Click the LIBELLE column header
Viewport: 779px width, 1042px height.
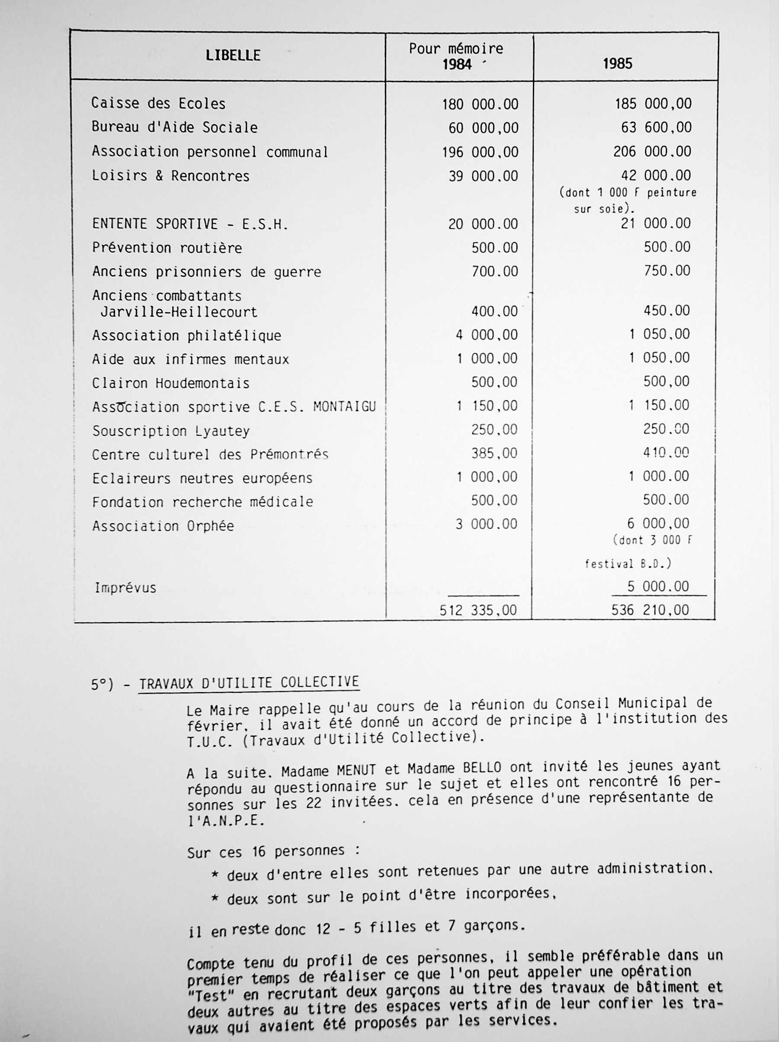[x=233, y=55]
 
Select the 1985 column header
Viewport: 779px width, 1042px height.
[x=618, y=64]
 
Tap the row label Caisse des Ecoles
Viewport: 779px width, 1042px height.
[x=158, y=103]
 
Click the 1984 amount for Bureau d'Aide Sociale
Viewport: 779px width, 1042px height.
[x=483, y=128]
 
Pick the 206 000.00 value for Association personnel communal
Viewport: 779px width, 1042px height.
[x=652, y=152]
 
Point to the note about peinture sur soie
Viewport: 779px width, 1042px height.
[x=627, y=201]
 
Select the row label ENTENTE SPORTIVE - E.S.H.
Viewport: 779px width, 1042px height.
[x=190, y=224]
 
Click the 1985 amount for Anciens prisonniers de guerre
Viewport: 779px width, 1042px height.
[x=667, y=271]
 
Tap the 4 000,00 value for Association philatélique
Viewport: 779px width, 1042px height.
[x=487, y=335]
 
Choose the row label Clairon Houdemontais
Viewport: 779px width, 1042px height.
[x=170, y=383]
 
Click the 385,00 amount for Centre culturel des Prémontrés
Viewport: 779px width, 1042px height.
[x=494, y=453]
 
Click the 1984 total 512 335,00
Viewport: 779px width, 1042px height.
[x=478, y=611]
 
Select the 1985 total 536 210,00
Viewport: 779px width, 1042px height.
[x=650, y=611]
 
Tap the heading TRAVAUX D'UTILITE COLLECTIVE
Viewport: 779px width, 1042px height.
[x=249, y=682]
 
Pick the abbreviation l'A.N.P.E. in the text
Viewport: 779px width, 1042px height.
[x=226, y=821]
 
